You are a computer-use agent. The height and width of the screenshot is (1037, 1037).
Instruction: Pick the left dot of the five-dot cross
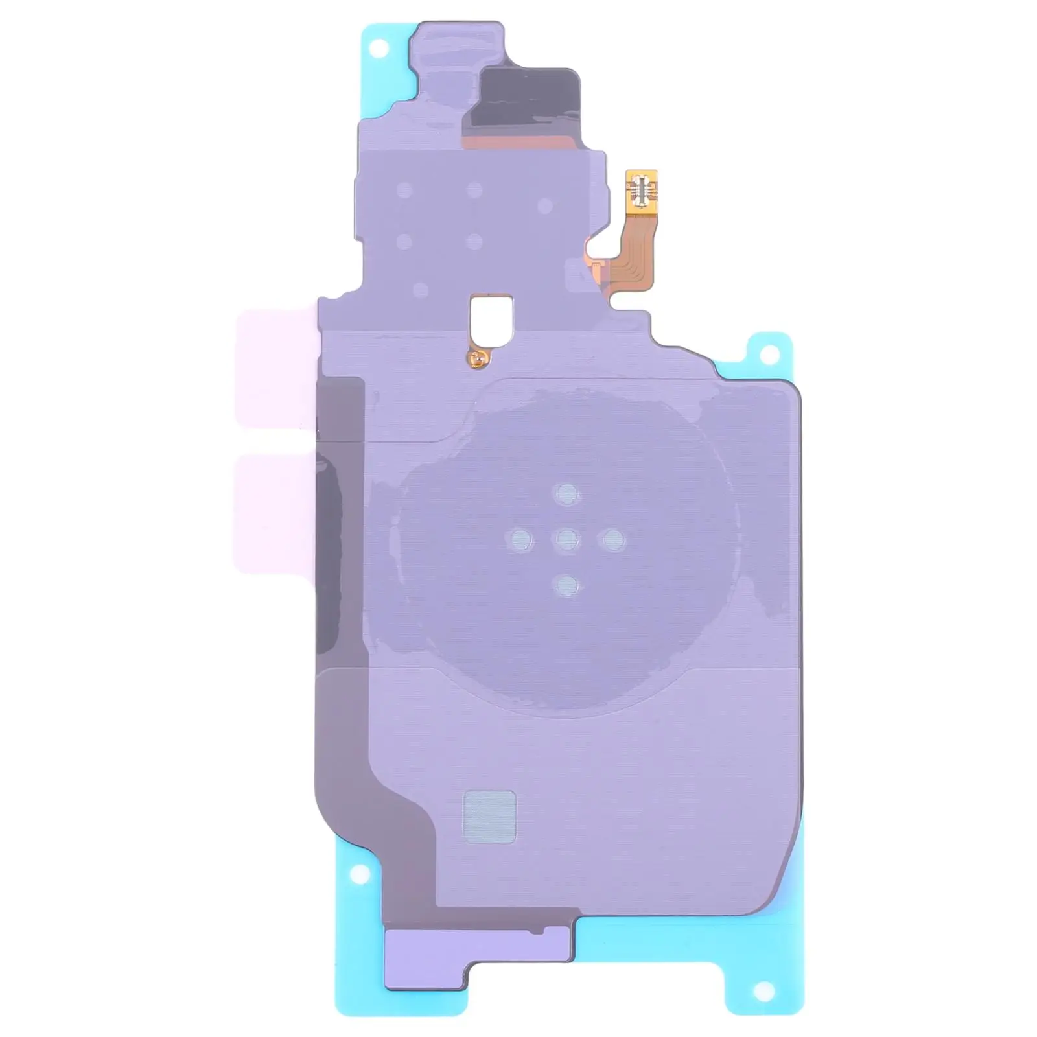click(x=520, y=539)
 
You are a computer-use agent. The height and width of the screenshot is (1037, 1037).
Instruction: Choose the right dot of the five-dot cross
click(x=613, y=539)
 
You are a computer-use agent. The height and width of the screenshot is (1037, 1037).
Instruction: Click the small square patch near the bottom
click(x=489, y=817)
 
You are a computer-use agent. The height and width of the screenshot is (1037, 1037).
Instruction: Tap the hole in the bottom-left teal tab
click(x=356, y=875)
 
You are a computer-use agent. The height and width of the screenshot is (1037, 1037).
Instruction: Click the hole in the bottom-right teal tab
click(x=765, y=989)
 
